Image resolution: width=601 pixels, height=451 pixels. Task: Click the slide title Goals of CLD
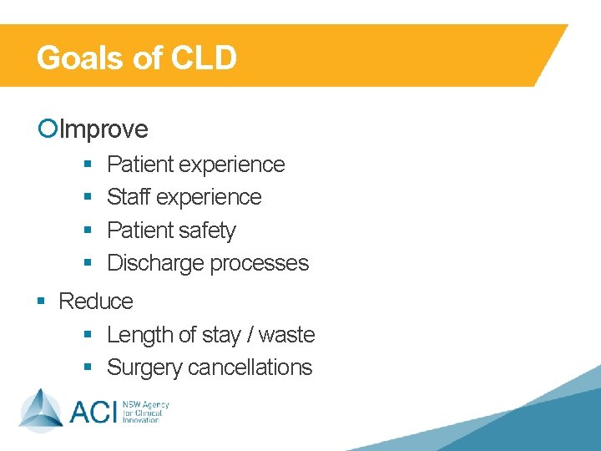137,58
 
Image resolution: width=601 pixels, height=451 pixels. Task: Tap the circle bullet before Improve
48,129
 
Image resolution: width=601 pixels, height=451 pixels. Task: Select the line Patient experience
196,165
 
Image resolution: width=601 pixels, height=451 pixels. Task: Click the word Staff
129,197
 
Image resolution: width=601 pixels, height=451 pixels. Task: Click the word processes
259,263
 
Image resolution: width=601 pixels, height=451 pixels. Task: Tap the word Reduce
96,302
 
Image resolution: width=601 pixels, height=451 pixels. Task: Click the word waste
286,335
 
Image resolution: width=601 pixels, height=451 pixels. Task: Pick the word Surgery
144,367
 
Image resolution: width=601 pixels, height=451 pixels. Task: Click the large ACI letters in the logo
93,412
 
